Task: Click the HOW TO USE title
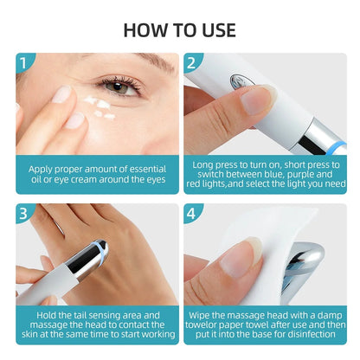click(179, 29)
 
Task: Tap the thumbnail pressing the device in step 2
click(258, 98)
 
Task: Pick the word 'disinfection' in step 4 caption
click(308, 334)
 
